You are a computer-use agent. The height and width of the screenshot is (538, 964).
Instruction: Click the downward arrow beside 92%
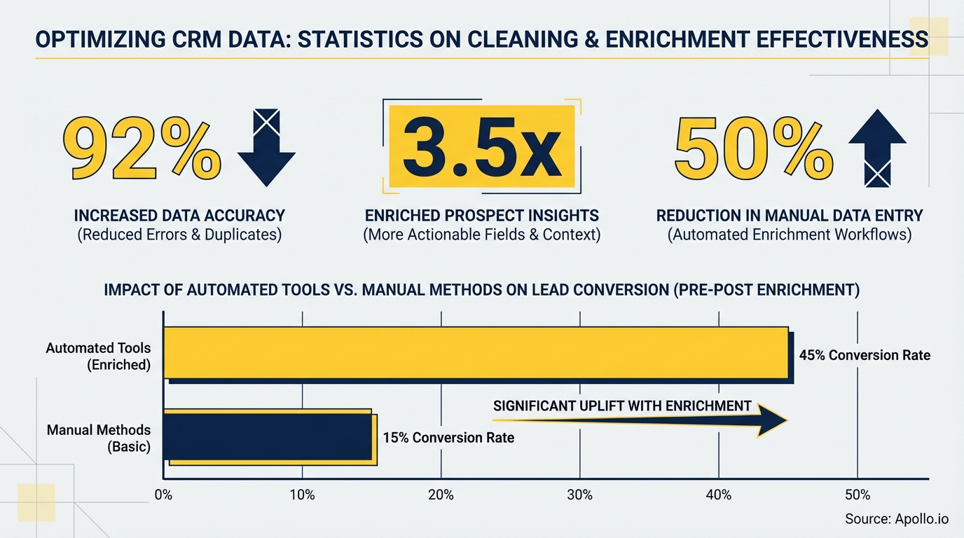[x=266, y=146]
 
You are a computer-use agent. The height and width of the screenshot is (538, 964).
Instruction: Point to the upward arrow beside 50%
[x=877, y=146]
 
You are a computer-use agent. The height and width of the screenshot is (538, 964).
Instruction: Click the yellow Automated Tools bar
[x=476, y=354]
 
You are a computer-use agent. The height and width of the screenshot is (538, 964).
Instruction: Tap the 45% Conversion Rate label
[x=865, y=355]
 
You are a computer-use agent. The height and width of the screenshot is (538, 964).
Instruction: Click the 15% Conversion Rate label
[x=448, y=438]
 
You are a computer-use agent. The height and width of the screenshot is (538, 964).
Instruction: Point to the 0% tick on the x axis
[x=163, y=495]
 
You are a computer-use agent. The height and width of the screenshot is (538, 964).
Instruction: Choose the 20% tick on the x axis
[x=441, y=495]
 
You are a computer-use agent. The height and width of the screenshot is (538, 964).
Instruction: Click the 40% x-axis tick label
[x=719, y=495]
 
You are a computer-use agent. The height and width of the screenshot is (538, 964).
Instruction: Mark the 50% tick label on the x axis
[x=858, y=495]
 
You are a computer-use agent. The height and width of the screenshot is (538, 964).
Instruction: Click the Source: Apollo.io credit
[x=896, y=519]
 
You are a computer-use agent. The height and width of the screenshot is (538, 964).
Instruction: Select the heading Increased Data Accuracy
[x=179, y=216]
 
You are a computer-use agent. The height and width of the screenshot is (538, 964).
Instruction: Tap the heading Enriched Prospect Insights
[x=481, y=216]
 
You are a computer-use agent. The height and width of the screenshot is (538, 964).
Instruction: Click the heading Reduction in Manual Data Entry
[x=790, y=216]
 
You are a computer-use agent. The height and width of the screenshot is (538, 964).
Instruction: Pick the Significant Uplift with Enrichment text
[x=622, y=406]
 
